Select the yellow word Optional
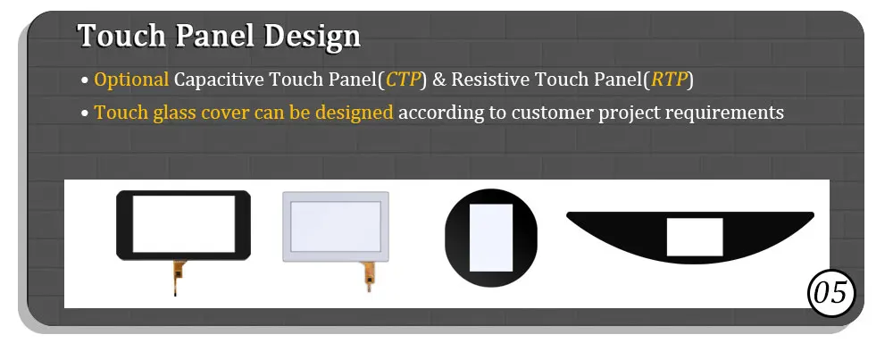point(131,80)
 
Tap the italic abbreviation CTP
point(403,80)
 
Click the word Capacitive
point(214,80)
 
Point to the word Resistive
point(489,80)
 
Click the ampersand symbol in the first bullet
point(439,80)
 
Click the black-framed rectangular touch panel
point(183,223)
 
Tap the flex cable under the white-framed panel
point(367,279)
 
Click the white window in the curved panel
point(694,236)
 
